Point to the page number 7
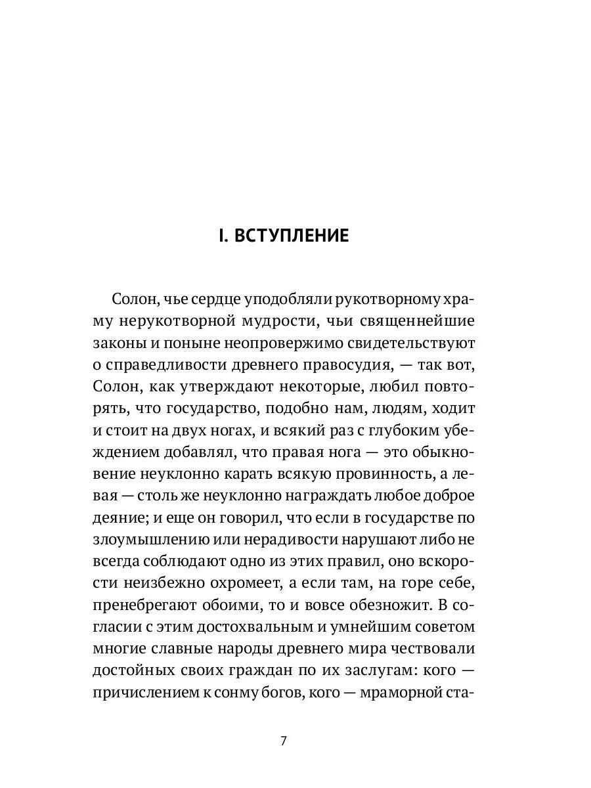284,741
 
